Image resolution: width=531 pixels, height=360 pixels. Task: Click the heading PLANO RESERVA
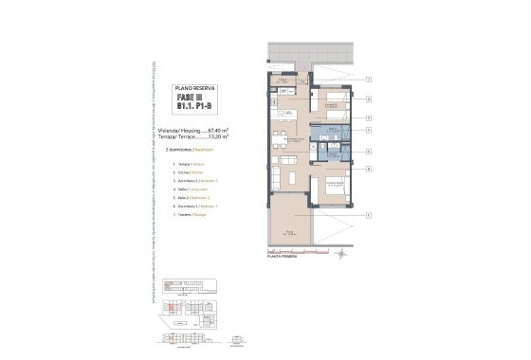(x=196, y=87)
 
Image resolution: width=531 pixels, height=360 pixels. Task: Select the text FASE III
(x=190, y=99)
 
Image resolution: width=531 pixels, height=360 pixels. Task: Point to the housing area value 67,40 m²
(x=220, y=128)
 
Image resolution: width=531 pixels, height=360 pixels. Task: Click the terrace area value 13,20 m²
(x=220, y=135)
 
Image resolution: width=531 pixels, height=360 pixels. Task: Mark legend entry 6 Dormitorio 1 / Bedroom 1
(x=191, y=206)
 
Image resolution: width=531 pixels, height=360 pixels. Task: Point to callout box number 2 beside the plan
(x=368, y=98)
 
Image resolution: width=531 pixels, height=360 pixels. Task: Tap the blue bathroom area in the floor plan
(x=332, y=150)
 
